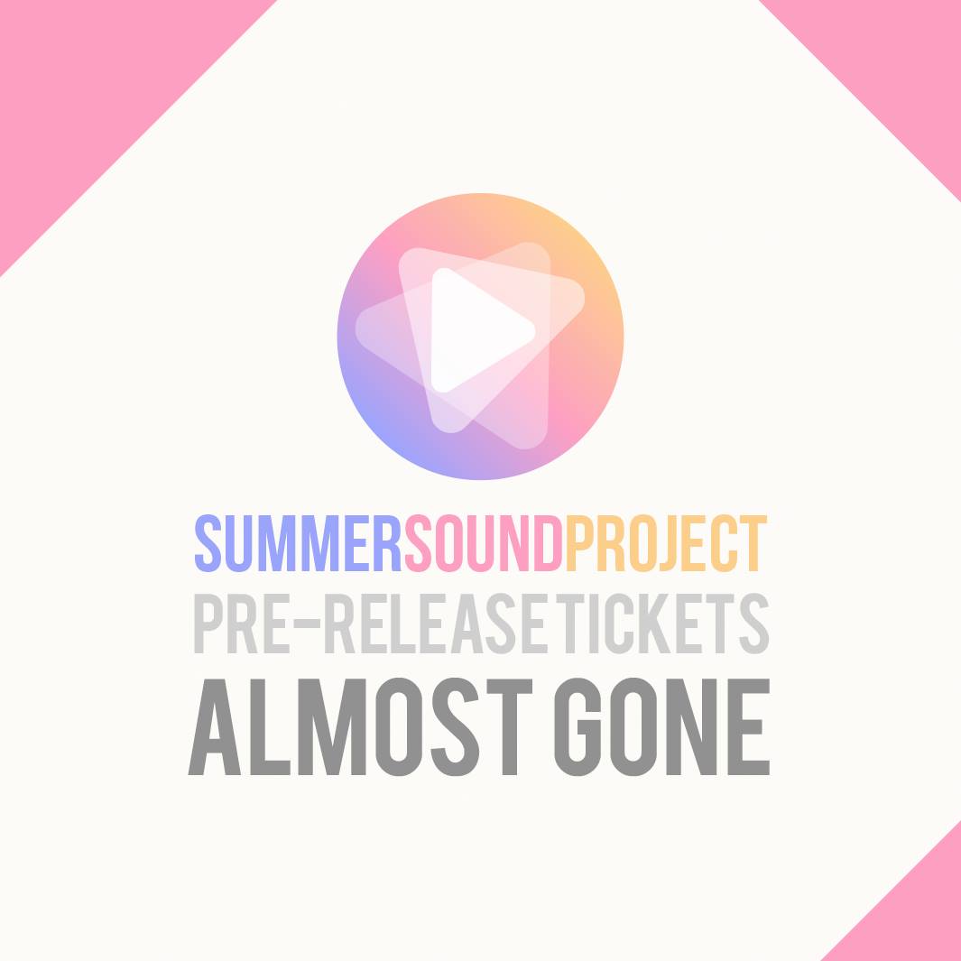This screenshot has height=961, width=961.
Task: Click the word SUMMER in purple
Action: [x=298, y=543]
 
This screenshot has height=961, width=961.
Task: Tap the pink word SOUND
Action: [x=485, y=543]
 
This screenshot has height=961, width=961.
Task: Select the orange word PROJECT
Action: [x=666, y=543]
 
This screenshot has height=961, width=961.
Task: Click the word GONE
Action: [x=661, y=727]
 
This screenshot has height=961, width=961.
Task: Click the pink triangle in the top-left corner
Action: [x=90, y=90]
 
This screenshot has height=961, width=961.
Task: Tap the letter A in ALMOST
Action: [x=214, y=727]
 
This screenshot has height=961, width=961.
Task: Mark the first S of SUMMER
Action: [x=208, y=543]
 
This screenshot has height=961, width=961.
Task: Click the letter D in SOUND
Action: [x=549, y=543]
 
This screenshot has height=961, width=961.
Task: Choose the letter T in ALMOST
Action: [x=509, y=727]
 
